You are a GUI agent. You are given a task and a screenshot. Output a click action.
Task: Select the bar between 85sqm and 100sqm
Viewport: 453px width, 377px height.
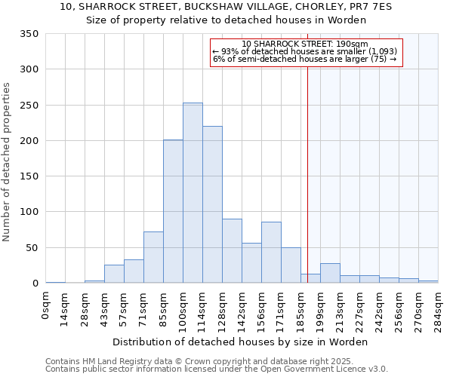click(173, 212)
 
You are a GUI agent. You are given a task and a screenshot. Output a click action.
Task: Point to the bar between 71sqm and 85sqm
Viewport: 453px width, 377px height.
click(153, 257)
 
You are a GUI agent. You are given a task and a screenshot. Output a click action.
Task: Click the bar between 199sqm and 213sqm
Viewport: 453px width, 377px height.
click(330, 274)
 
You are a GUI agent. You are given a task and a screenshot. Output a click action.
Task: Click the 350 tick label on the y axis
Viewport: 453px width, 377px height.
click(29, 34)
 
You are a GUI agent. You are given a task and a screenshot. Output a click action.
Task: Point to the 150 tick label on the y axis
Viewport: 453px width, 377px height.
click(29, 176)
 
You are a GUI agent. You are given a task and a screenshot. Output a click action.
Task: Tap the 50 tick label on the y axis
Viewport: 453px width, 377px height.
click(32, 248)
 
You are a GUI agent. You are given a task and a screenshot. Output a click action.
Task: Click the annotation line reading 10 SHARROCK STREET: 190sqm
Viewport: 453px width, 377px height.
click(305, 44)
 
